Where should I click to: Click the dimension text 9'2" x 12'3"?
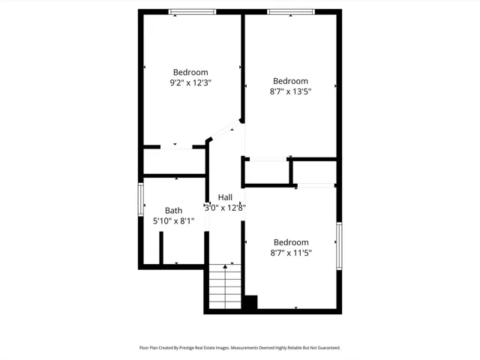(x=190, y=83)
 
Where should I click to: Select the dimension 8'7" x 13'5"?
(x=290, y=91)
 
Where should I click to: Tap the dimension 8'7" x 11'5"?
(x=290, y=253)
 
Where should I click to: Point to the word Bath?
(x=173, y=211)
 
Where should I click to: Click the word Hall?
(x=225, y=196)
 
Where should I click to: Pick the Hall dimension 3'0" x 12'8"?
(x=225, y=207)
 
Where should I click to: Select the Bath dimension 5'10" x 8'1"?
(x=173, y=221)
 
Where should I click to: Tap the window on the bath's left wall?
(x=140, y=199)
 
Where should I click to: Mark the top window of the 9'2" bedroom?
(x=192, y=11)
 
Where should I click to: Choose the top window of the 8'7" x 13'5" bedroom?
(x=290, y=11)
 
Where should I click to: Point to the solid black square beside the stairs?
(x=249, y=303)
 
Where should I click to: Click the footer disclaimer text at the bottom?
(x=240, y=348)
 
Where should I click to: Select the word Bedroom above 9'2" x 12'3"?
(x=190, y=73)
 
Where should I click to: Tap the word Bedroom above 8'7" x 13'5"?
(x=290, y=81)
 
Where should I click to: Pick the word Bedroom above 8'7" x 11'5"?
(x=290, y=242)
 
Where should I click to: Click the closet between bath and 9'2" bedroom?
(x=174, y=161)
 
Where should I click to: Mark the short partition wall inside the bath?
(x=161, y=248)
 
